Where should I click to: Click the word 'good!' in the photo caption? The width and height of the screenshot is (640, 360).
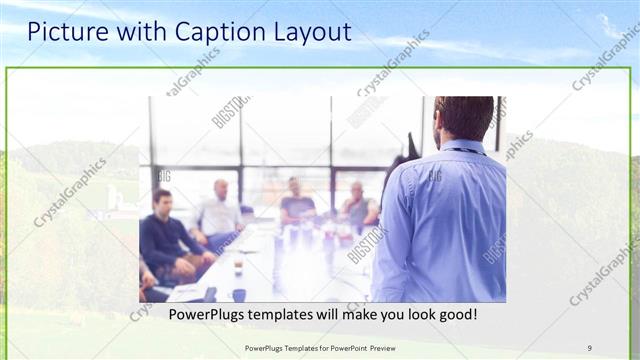455,314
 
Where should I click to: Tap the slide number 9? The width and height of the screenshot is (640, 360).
590,348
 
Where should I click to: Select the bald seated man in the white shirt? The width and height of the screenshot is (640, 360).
219,213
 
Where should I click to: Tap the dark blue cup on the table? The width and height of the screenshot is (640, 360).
239,294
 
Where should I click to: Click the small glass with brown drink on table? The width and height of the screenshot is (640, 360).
238,267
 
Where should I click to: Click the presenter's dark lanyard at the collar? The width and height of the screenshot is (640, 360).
466,151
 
